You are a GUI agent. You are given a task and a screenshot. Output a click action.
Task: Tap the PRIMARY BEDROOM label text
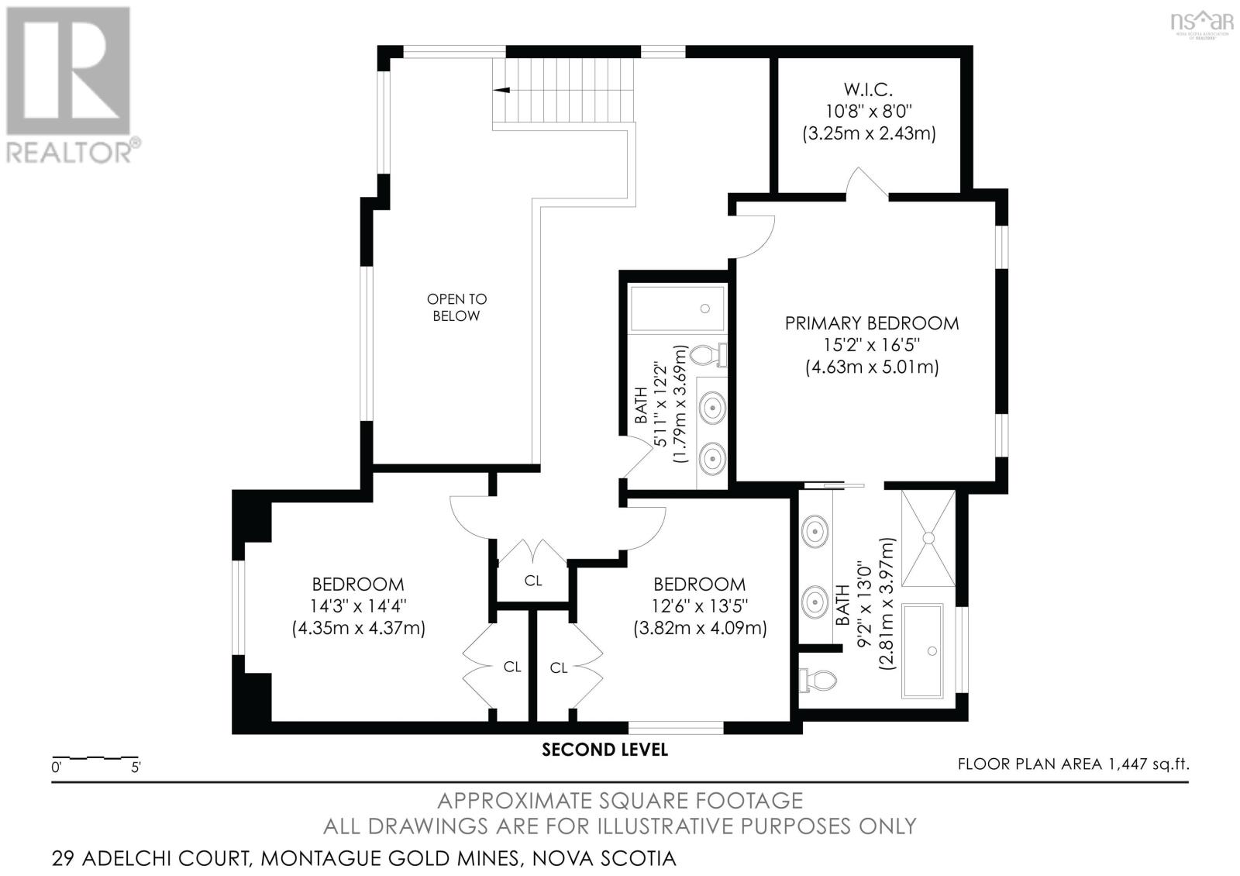tap(871, 323)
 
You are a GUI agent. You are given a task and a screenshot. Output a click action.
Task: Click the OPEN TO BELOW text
tap(456, 307)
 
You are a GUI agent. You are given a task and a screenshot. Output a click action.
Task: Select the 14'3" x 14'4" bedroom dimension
tap(358, 606)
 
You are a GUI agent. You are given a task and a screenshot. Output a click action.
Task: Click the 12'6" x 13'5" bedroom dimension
tap(700, 606)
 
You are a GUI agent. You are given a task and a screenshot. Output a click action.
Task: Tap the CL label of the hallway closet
tap(533, 581)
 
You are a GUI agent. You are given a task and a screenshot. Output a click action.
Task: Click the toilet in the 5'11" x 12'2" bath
tap(707, 356)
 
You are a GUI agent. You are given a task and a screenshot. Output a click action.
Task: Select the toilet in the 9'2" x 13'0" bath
tap(818, 680)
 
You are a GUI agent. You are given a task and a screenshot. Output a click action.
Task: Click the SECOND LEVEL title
tap(604, 750)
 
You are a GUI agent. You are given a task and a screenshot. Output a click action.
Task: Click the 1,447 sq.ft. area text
tap(1147, 764)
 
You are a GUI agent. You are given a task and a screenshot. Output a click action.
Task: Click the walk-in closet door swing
tap(866, 183)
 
